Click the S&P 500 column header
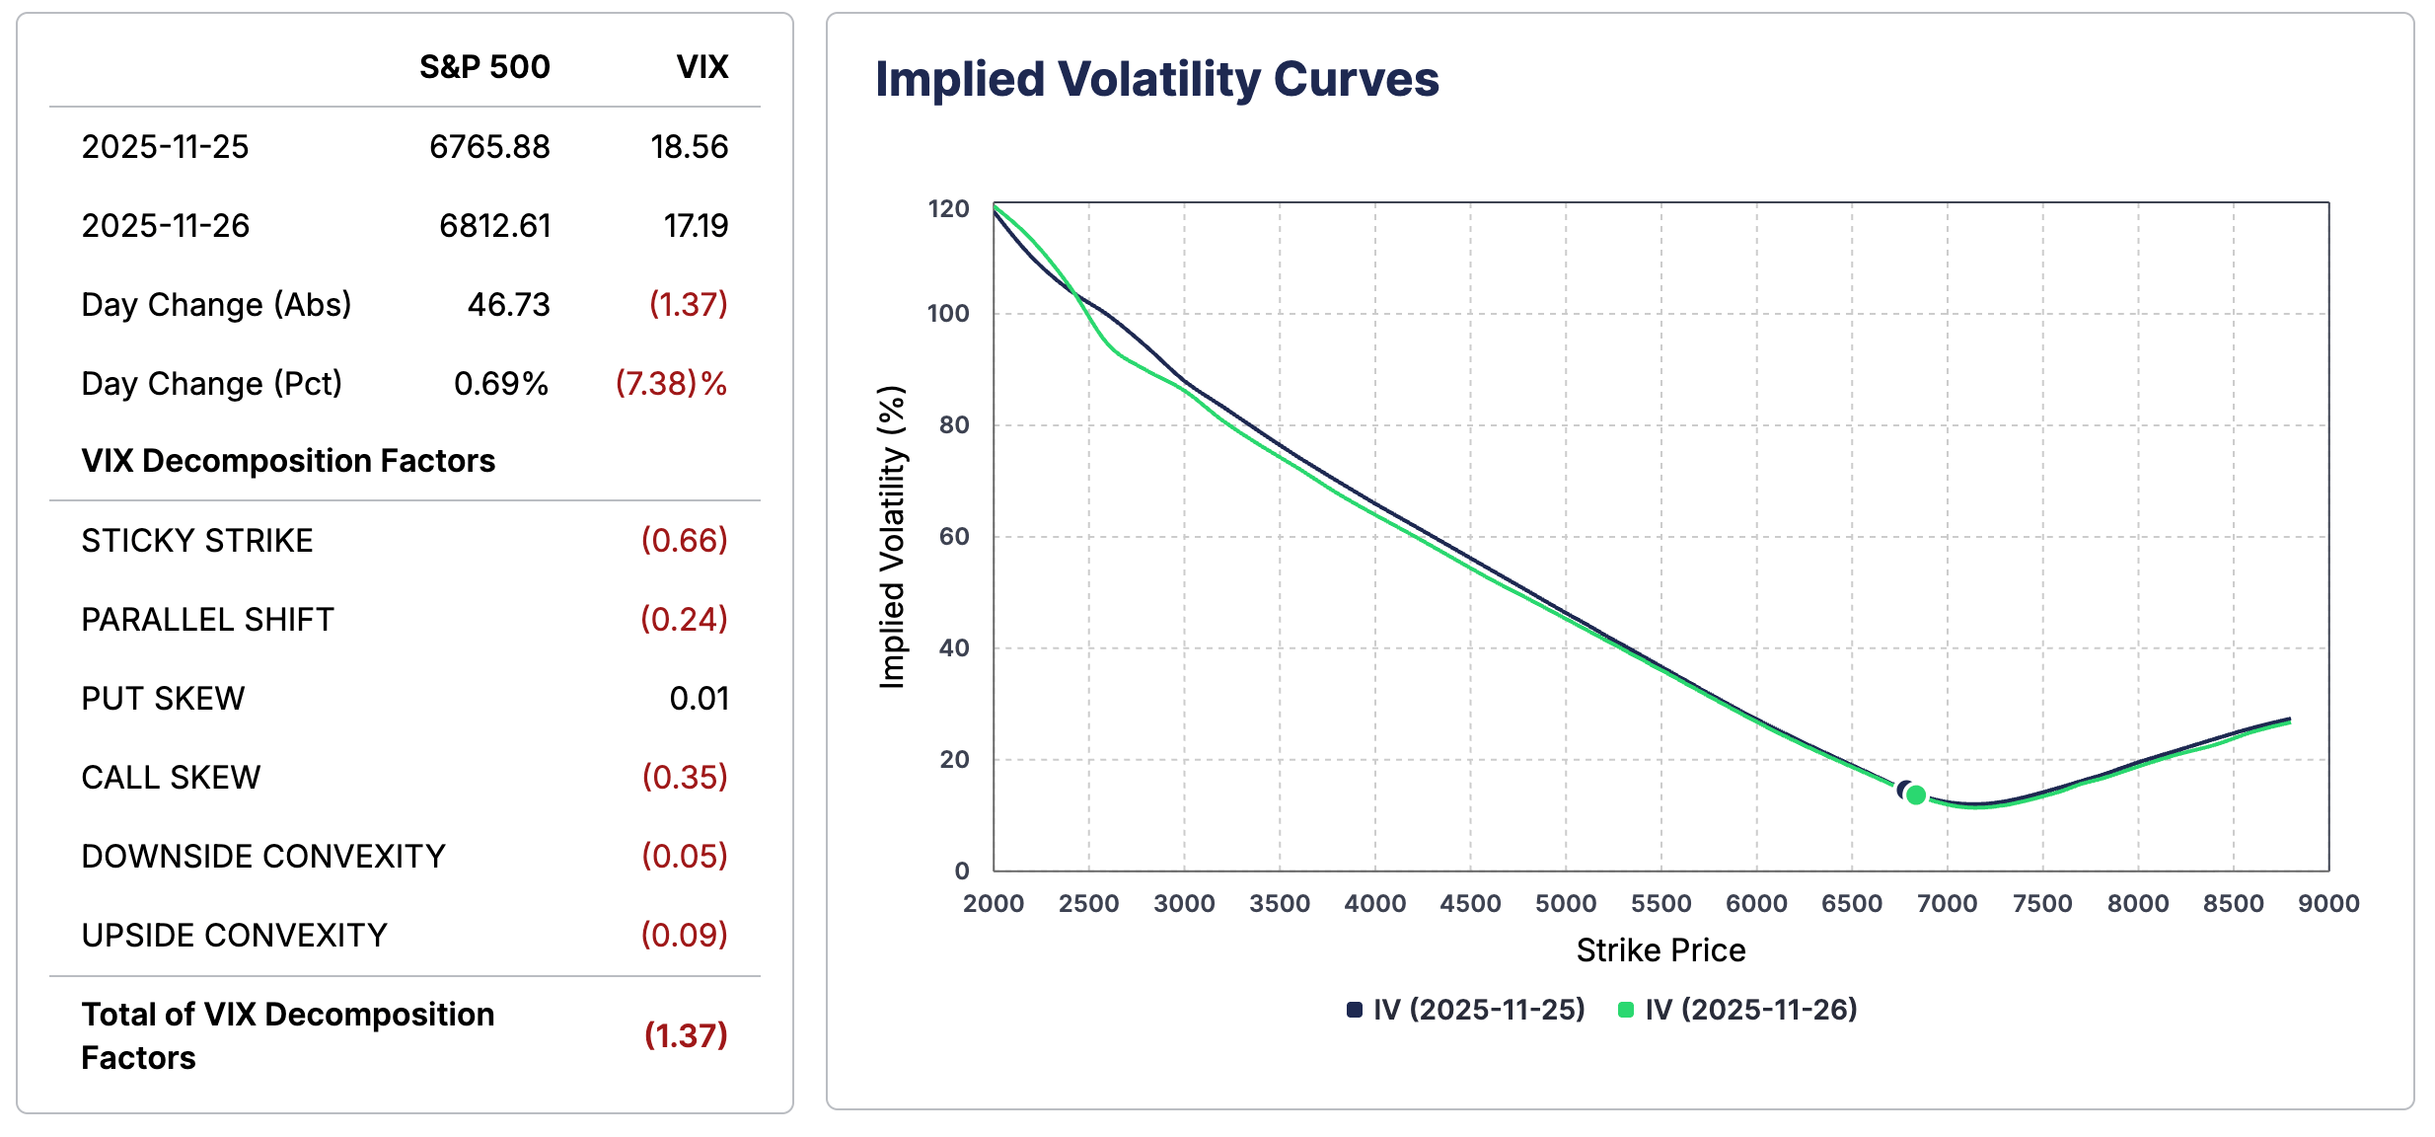point(483,67)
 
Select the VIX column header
point(701,67)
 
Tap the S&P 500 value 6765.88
point(489,147)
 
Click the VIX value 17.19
point(696,226)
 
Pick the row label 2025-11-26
point(166,226)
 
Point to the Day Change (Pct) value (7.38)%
point(671,384)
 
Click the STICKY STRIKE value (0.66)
point(684,541)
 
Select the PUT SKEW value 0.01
point(699,699)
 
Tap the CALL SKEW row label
point(171,778)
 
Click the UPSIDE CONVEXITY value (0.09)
point(684,936)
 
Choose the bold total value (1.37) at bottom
point(685,1035)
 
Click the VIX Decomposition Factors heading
point(288,461)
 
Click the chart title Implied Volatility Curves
point(1156,79)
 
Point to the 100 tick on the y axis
point(948,314)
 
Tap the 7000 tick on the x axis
point(1947,903)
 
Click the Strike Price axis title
point(1660,950)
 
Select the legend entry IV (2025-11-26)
point(1749,1010)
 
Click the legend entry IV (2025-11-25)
point(1478,1010)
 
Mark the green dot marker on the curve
point(1916,795)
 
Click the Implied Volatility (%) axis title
point(892,538)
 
